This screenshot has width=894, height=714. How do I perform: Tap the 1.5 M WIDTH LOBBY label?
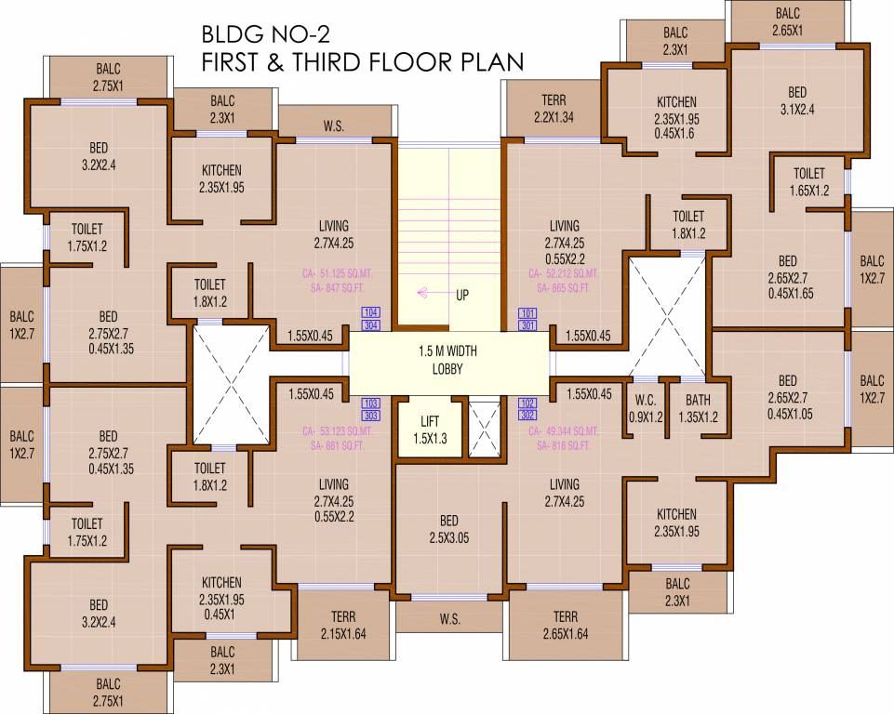click(x=440, y=361)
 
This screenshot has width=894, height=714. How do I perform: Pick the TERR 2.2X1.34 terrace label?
click(x=554, y=108)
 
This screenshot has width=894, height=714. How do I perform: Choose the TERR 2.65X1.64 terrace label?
click(x=565, y=626)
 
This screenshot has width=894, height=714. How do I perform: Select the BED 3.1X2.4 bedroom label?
click(x=797, y=100)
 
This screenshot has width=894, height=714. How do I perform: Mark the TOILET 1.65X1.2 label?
click(x=808, y=182)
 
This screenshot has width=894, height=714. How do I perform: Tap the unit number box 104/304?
click(x=372, y=319)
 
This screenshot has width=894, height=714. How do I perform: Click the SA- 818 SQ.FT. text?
click(x=564, y=446)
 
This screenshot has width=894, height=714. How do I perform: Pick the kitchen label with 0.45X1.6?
click(x=676, y=117)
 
